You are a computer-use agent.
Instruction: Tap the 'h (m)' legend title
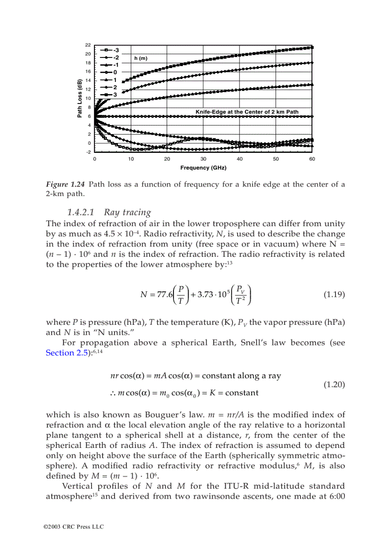(140, 58)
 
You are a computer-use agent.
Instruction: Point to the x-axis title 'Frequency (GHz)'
(203, 168)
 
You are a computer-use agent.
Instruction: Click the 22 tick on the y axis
(88, 45)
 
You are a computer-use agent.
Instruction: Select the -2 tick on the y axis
(88, 152)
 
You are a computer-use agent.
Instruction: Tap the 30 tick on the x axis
(203, 159)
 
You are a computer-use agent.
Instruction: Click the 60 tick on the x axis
(312, 159)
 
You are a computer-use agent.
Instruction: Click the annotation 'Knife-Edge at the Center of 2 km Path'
(247, 112)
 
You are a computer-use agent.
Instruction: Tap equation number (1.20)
(333, 384)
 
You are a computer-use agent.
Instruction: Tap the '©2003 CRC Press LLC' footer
(73, 527)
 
